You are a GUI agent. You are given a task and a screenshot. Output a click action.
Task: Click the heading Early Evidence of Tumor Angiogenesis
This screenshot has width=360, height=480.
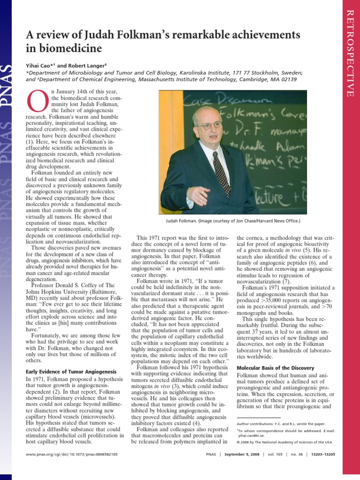click(x=69, y=372)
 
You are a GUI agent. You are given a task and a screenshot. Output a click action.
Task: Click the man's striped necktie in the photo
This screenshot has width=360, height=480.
click(x=221, y=173)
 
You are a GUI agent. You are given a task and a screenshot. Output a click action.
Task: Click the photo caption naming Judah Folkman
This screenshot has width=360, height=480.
click(x=233, y=220)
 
